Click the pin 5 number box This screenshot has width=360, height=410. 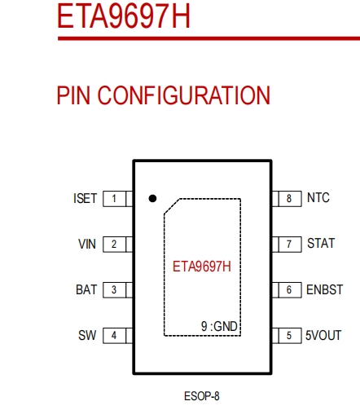tap(288, 336)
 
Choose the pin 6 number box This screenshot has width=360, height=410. tap(288, 290)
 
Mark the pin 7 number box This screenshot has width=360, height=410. tap(288, 245)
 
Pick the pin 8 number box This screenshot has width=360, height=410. tap(288, 199)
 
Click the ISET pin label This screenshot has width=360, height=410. tap(86, 199)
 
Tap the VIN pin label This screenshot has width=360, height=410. tap(87, 245)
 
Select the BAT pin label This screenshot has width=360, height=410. tap(86, 290)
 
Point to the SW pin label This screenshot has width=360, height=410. tap(88, 336)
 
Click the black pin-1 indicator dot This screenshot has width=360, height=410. tap(152, 198)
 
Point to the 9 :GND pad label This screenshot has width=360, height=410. tap(219, 326)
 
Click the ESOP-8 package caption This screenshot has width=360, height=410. tap(202, 397)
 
